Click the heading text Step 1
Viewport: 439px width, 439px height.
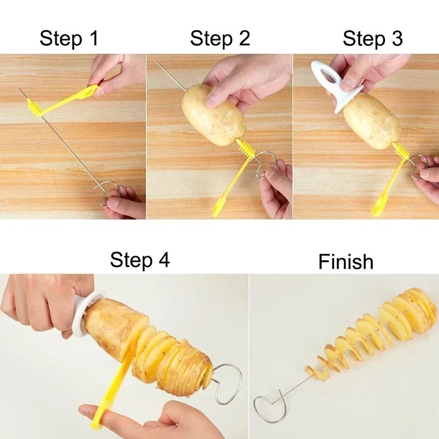69,39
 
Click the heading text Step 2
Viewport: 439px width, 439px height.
220,39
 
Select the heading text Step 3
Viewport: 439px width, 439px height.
373,39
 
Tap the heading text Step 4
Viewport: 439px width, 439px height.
140,260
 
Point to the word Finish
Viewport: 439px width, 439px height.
346,262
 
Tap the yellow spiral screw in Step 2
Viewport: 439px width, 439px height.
244,149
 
